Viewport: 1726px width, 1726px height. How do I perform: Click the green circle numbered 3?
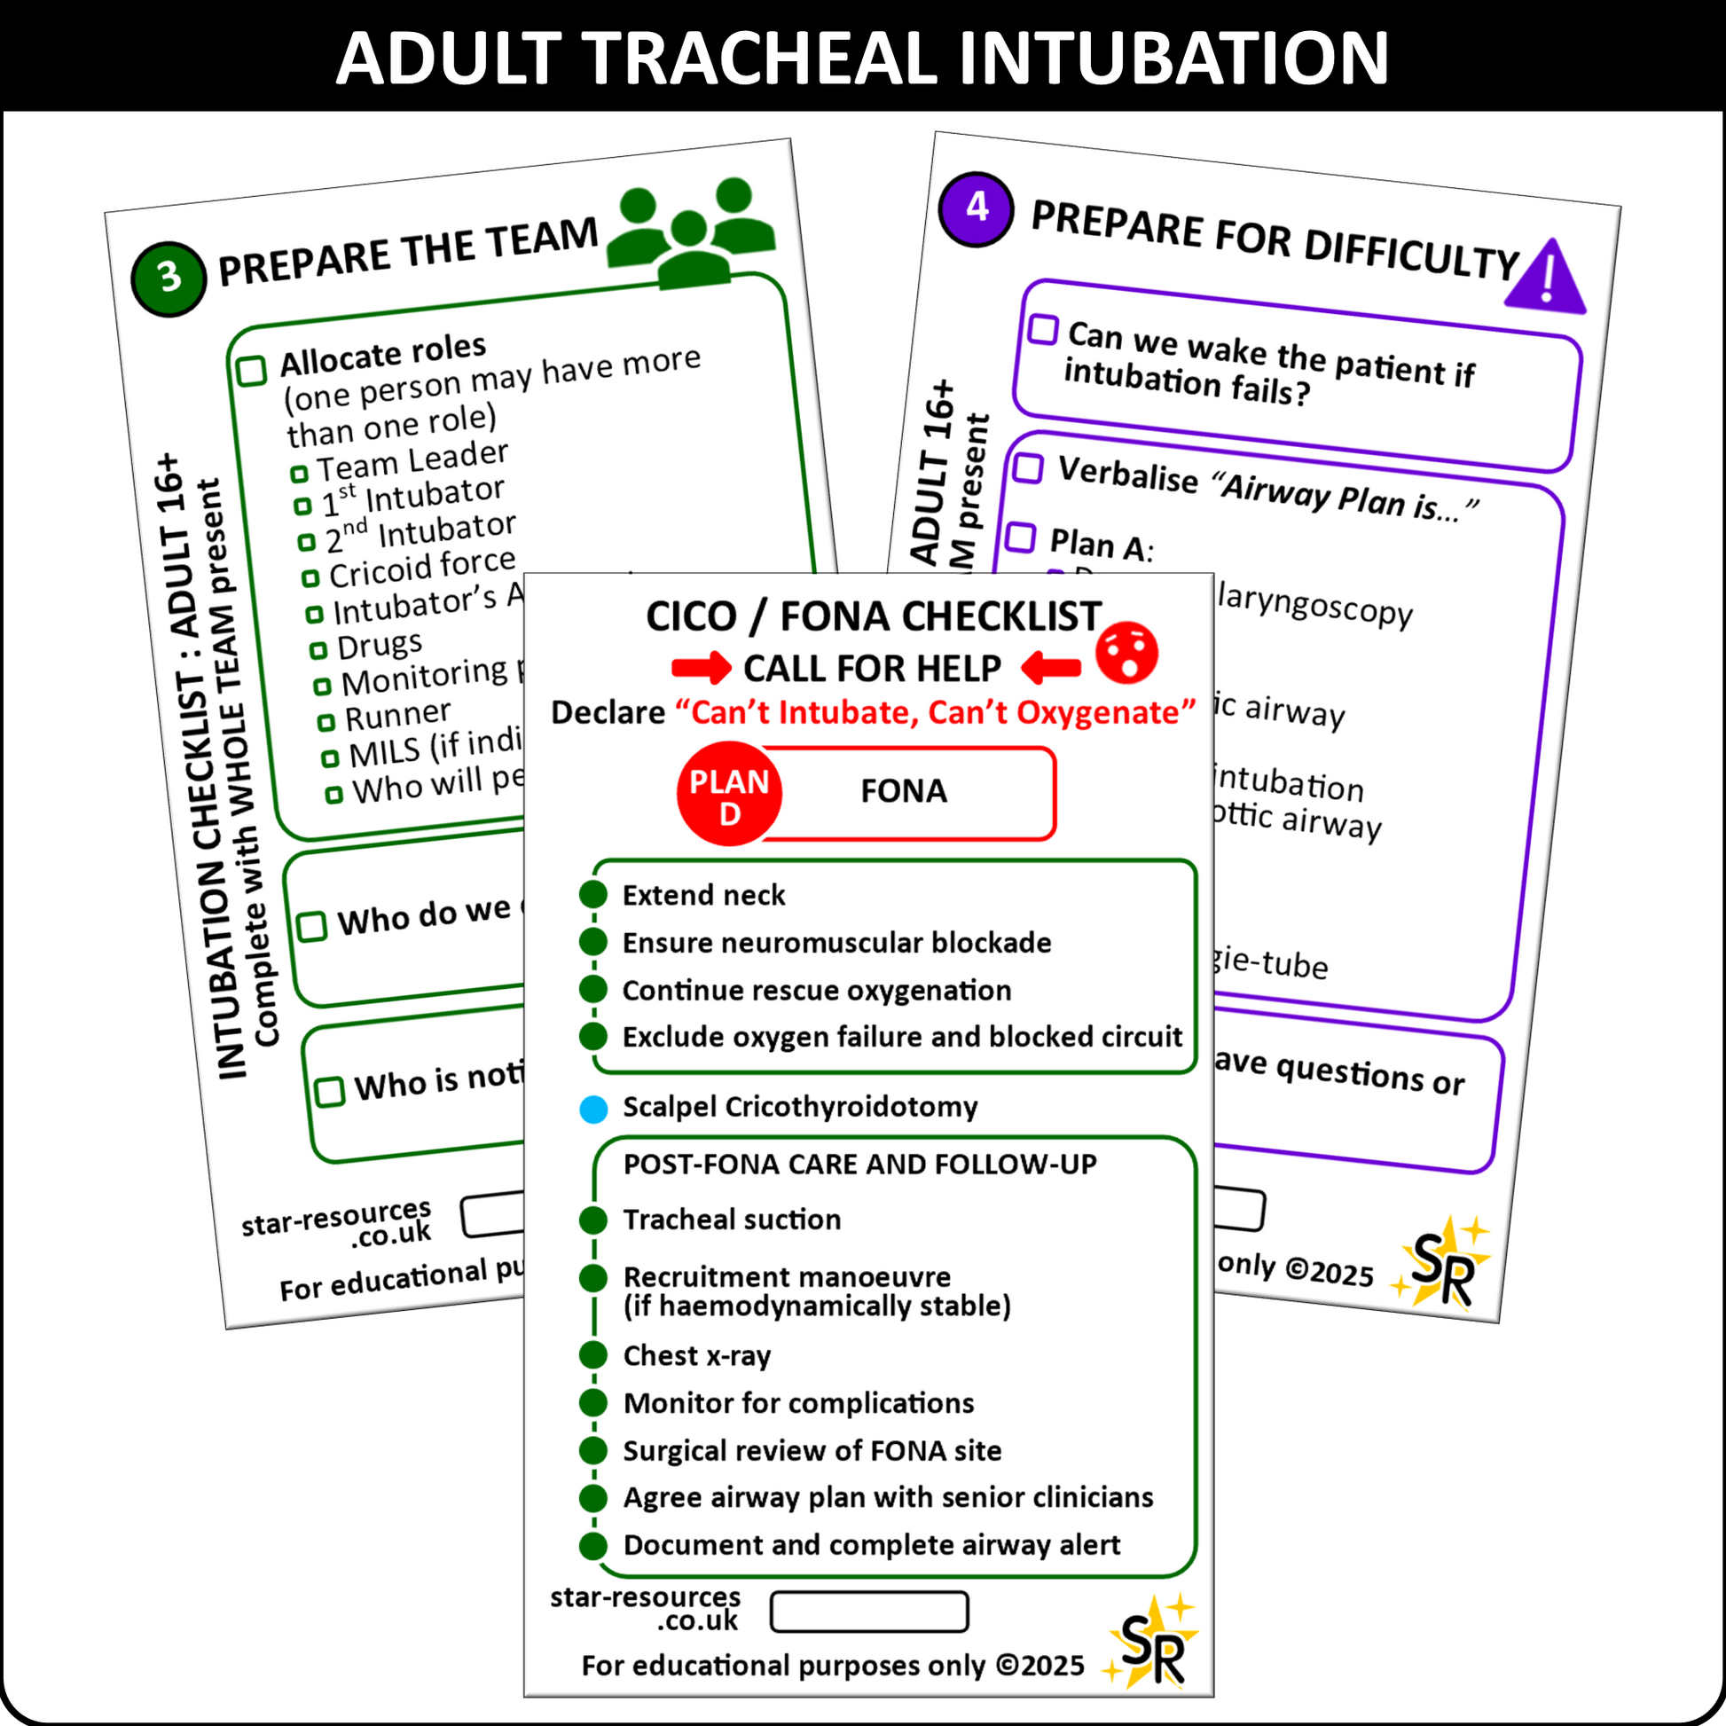169,278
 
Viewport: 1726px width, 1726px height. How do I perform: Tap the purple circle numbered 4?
977,208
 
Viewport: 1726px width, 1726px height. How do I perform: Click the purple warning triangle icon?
1546,278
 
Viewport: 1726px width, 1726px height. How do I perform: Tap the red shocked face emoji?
1127,653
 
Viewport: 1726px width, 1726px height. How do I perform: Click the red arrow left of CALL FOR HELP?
702,667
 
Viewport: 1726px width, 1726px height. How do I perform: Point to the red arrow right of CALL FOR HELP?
1051,667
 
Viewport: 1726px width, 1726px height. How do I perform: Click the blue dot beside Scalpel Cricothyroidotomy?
593,1109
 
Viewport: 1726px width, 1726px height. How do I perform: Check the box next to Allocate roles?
252,370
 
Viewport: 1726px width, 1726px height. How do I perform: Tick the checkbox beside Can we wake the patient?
1042,329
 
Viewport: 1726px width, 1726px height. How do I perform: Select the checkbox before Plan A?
1020,537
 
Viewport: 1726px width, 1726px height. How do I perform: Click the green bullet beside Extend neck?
593,894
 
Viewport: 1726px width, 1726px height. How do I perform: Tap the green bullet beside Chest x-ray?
593,1355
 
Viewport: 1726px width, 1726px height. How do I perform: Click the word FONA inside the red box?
903,791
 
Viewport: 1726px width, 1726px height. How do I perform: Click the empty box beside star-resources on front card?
868,1612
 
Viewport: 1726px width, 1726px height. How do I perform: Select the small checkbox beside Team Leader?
299,473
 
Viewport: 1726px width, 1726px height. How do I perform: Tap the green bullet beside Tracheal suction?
593,1220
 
